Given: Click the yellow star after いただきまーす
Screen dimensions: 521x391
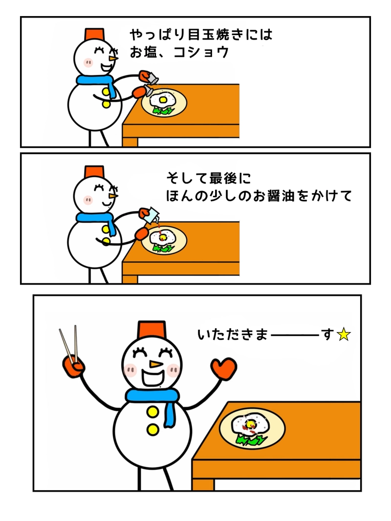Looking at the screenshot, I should pyautogui.click(x=344, y=334).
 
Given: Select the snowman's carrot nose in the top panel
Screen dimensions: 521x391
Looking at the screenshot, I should pyautogui.click(x=114, y=58).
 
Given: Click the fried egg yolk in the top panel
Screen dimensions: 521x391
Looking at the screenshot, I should pyautogui.click(x=163, y=100).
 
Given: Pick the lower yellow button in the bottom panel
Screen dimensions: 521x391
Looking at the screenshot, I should pyautogui.click(x=153, y=430).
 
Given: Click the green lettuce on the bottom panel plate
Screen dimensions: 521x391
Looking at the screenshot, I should pyautogui.click(x=251, y=440).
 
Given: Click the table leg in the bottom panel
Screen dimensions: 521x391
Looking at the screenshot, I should pyautogui.click(x=202, y=484).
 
